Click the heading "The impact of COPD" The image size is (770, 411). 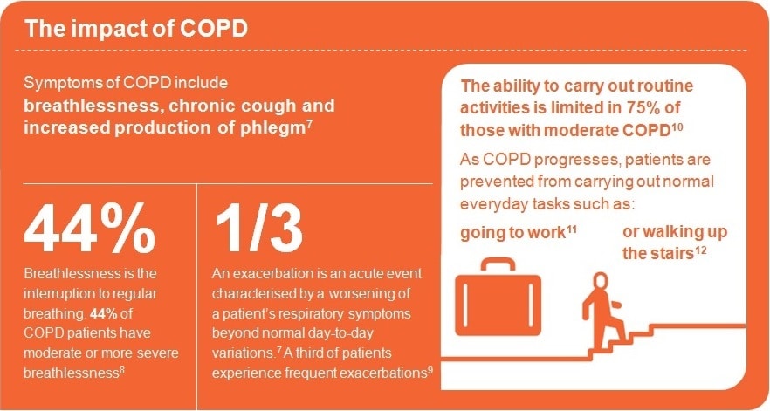point(136,29)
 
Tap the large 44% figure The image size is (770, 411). point(90,229)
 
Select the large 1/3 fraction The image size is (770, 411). point(258,229)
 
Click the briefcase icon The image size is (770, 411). point(498,297)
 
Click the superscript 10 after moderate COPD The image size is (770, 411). point(677,126)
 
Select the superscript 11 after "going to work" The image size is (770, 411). point(572,228)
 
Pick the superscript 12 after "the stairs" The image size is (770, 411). point(701,250)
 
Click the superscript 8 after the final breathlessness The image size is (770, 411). point(122,369)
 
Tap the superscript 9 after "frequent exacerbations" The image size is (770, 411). point(430,369)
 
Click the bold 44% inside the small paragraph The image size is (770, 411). point(103,313)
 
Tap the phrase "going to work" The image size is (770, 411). point(513,233)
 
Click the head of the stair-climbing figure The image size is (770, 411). point(601,281)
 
